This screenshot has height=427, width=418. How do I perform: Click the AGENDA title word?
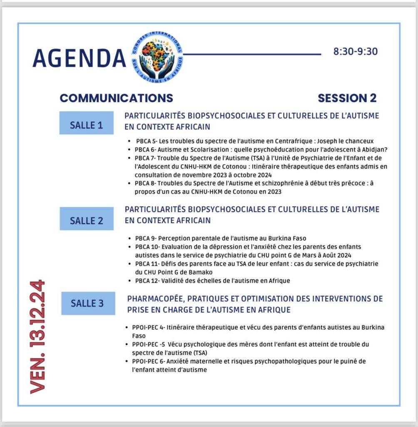coord(79,58)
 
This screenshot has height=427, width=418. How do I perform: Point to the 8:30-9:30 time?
coord(355,52)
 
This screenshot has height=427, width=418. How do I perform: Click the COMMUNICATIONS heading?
coord(116,98)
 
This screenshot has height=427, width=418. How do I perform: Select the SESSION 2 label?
coord(347,98)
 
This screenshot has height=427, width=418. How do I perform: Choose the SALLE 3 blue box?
coord(87,303)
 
